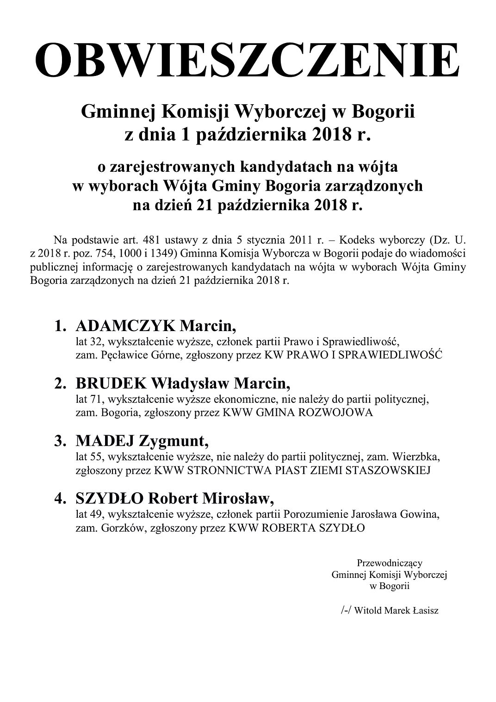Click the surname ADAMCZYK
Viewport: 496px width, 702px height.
coord(125,326)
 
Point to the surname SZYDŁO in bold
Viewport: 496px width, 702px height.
coord(109,499)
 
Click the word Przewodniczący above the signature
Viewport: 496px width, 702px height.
coord(390,563)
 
